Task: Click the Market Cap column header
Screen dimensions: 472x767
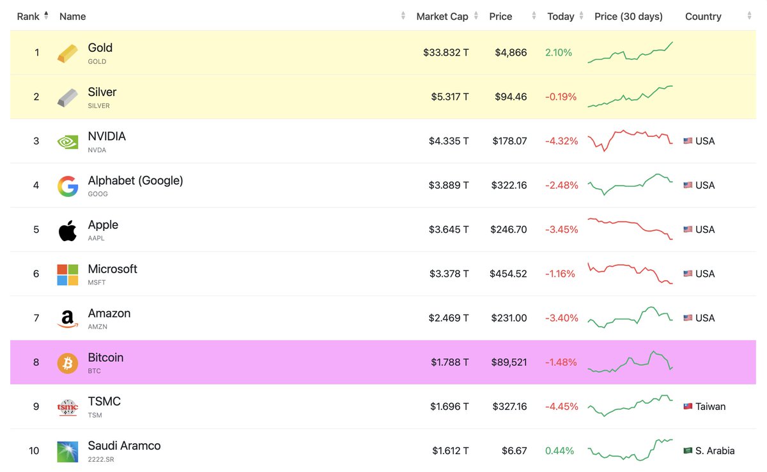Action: click(442, 17)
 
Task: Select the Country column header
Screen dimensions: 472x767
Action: click(703, 17)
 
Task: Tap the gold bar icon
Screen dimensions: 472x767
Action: click(68, 53)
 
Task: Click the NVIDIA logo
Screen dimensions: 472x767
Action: click(68, 141)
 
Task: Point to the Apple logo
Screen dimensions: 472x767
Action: click(68, 230)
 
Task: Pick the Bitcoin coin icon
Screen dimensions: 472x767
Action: click(68, 363)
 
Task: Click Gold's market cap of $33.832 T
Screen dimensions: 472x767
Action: click(445, 52)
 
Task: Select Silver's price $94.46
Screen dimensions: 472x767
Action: click(511, 97)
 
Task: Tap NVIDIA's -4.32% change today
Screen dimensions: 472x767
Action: click(561, 141)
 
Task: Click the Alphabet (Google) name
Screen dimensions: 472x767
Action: click(136, 180)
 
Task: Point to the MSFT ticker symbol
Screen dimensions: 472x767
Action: click(97, 282)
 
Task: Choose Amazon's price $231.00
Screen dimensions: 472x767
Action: click(509, 318)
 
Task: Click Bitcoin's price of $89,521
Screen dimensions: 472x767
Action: click(509, 362)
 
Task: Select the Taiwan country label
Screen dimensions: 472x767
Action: click(710, 406)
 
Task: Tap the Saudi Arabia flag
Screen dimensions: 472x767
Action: click(688, 451)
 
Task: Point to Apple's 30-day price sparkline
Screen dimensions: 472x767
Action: click(630, 228)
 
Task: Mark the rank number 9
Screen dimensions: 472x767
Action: click(36, 406)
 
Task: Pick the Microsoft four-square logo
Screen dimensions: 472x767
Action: click(68, 274)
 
